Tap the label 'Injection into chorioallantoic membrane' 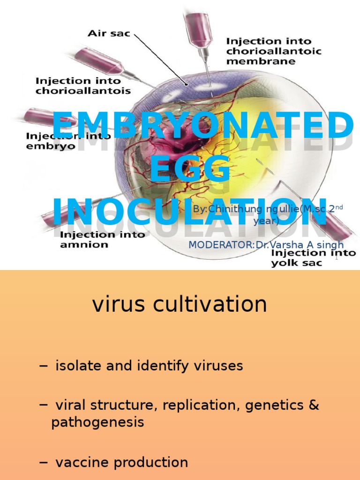274,51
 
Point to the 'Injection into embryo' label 68,141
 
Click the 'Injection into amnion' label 102,239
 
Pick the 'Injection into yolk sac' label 313,258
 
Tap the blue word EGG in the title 190,169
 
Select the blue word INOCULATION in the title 190,212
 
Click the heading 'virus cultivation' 180,304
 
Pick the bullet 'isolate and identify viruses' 149,366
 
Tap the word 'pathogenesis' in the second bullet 97,422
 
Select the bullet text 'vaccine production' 121,462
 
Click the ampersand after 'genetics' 314,405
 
